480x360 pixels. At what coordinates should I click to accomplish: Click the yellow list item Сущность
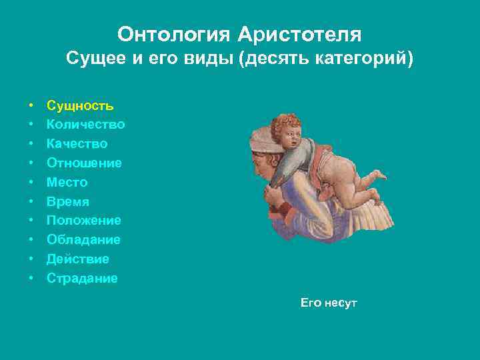80,105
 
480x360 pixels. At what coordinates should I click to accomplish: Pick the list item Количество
85,125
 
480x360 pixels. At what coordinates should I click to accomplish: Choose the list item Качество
77,144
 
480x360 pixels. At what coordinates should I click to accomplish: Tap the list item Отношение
84,163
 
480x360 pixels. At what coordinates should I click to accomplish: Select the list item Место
67,183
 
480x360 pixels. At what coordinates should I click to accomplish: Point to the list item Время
67,201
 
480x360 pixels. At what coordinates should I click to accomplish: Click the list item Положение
83,221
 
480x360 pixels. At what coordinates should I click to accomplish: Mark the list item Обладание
83,240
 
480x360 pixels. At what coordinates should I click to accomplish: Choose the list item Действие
77,259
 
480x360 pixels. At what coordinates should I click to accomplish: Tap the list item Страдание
82,279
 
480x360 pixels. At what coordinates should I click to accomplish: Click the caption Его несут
329,303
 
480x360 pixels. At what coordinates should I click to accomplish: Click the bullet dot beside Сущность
31,105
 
